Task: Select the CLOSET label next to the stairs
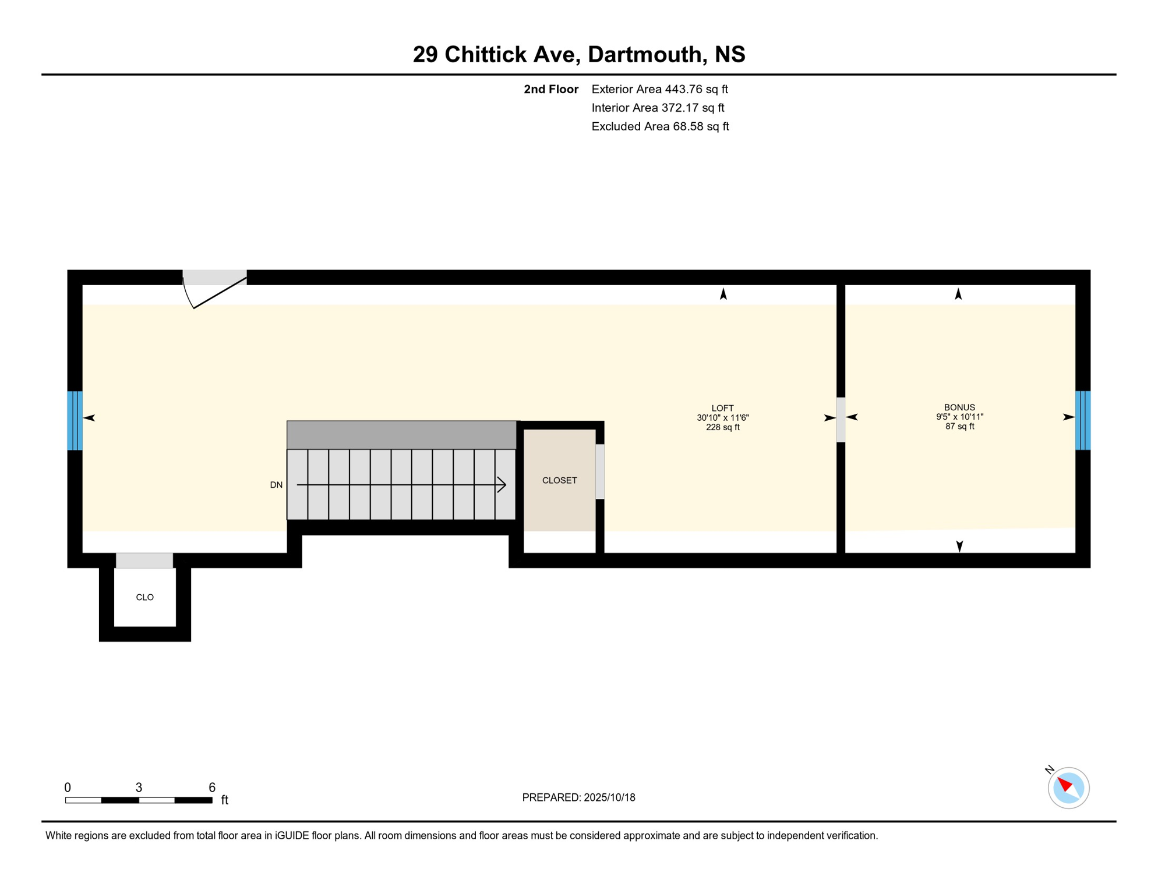[x=559, y=480]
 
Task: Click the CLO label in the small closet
[x=144, y=597]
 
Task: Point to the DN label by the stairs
[x=276, y=485]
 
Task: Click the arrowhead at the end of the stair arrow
[x=502, y=484]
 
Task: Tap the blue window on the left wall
[x=75, y=420]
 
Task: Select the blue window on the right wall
[x=1082, y=420]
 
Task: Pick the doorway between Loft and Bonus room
[x=841, y=419]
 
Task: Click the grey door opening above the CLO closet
[x=144, y=560]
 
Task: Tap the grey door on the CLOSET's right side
[x=599, y=471]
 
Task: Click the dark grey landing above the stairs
[x=401, y=435]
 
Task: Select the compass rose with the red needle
[x=1068, y=787]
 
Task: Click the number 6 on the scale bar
[x=212, y=787]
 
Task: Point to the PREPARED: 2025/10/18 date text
[x=578, y=797]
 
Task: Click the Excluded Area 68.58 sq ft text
[x=659, y=126]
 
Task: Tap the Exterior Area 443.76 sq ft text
[x=659, y=89]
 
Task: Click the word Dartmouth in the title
[x=644, y=54]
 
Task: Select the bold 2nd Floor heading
[x=550, y=89]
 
